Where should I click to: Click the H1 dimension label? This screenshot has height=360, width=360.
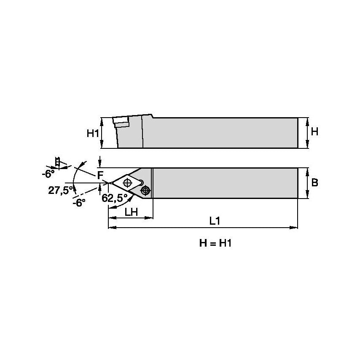93,134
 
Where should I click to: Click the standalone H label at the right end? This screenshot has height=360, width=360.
314,132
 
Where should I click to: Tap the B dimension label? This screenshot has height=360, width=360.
314,183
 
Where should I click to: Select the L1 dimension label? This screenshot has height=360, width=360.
215,220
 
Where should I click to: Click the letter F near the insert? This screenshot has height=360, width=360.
100,175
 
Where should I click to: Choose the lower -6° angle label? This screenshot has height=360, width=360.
78,202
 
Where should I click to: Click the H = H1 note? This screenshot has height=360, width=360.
215,244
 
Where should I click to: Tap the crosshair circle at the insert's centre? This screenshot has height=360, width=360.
127,183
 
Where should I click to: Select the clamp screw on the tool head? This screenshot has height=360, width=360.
146,191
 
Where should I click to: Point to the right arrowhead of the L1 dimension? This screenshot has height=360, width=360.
295,228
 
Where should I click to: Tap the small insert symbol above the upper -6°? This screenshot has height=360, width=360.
58,162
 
